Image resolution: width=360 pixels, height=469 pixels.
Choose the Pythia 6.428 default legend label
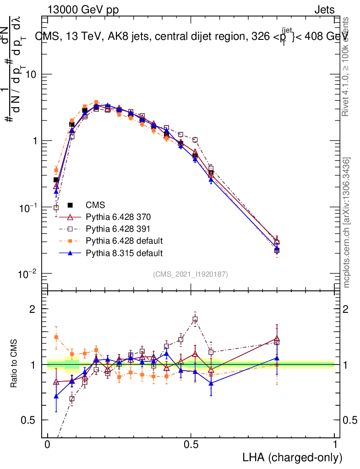click(124, 240)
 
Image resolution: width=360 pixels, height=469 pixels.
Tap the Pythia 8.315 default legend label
click(124, 252)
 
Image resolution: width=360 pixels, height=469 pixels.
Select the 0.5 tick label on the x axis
click(191, 445)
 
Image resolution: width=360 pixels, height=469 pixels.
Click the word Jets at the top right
click(324, 10)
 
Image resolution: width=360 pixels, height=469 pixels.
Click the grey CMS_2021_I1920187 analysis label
click(191, 274)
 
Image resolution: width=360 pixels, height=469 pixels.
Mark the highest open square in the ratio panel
click(195, 319)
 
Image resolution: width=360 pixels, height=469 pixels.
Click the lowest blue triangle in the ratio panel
click(56, 396)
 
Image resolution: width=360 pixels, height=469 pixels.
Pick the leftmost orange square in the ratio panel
click(56, 337)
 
